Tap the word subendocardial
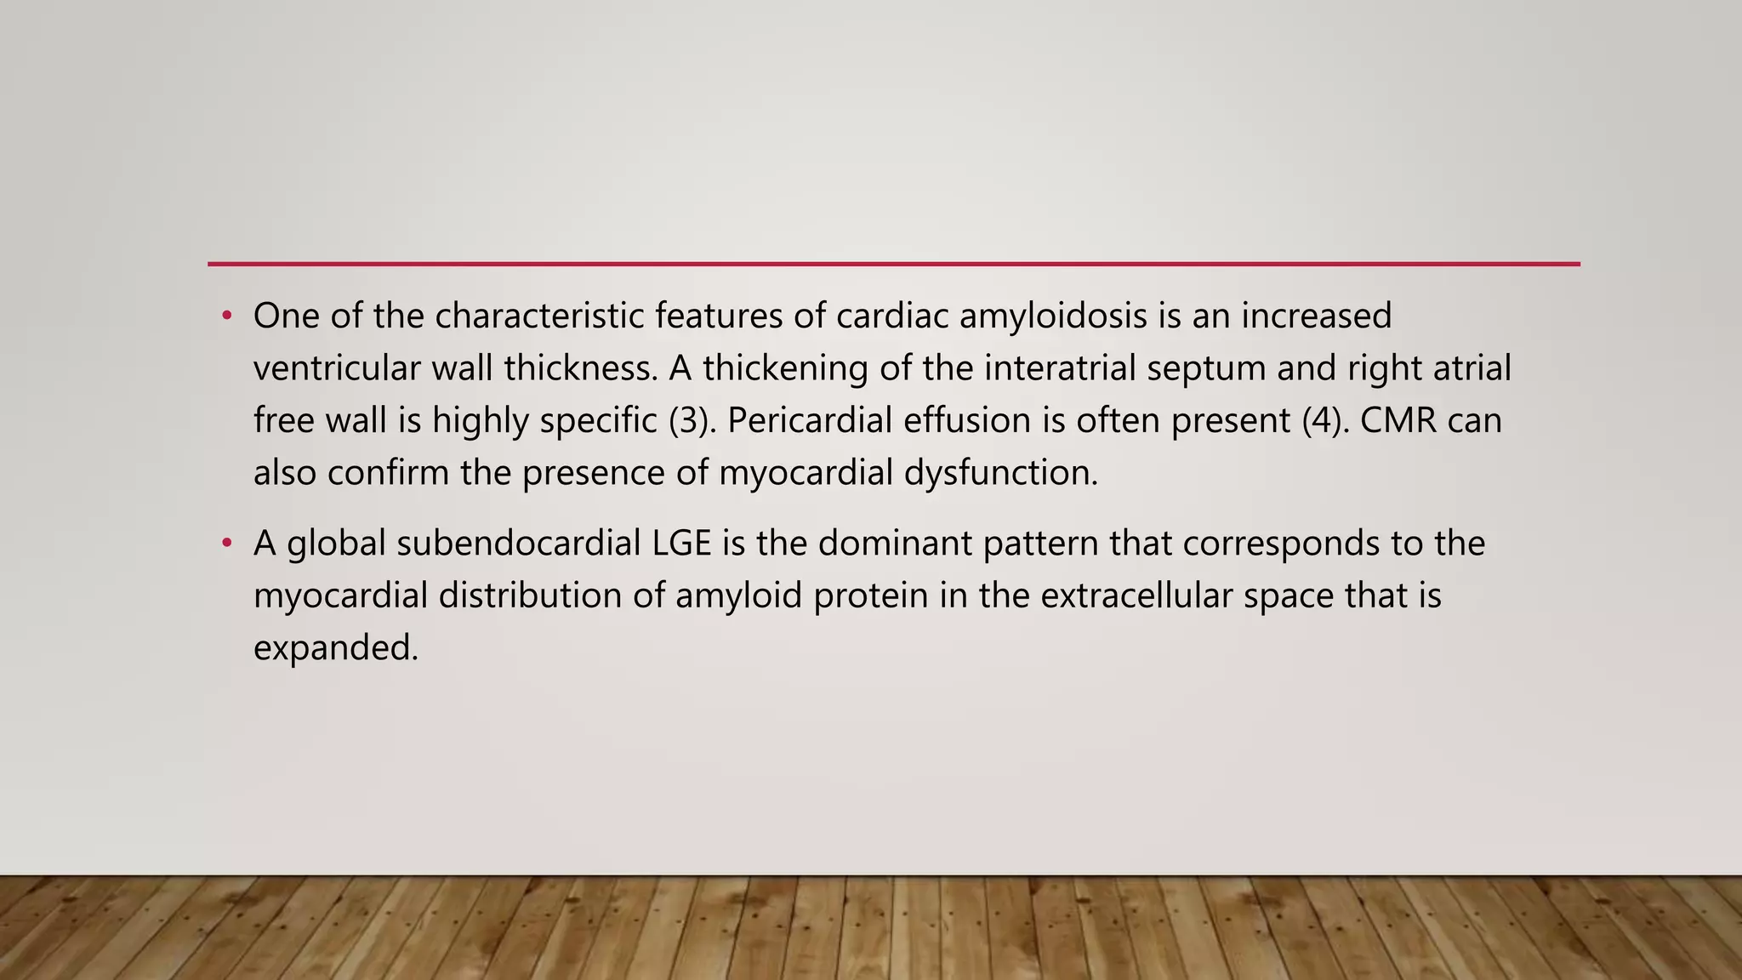point(518,544)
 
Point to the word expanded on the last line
point(336,649)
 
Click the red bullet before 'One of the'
point(226,316)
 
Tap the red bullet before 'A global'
point(226,544)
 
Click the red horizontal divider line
point(893,264)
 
